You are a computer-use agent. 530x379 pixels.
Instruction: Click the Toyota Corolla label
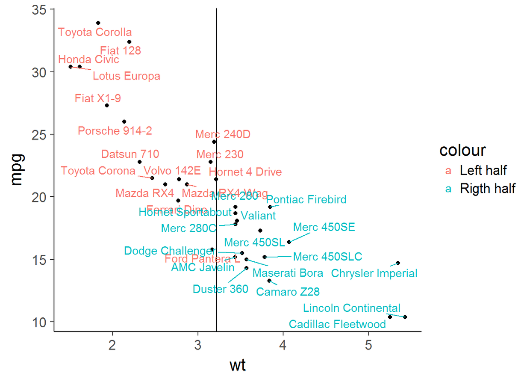[95, 32]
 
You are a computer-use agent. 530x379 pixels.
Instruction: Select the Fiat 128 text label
[121, 50]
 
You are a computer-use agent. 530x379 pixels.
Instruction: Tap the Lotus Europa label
[127, 76]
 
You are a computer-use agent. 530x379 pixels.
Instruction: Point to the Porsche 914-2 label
[115, 130]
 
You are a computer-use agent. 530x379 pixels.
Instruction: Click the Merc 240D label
[223, 134]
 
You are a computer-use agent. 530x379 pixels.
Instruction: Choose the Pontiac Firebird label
[306, 199]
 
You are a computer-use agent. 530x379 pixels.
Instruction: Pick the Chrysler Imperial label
[374, 273]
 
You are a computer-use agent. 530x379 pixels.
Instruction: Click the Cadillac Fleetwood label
[337, 324]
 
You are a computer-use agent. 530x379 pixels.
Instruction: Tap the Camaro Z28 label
[288, 292]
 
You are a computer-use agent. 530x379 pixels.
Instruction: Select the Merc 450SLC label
[327, 257]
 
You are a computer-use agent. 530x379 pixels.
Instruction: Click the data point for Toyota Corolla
[98, 23]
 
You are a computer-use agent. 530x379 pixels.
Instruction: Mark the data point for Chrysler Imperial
[398, 263]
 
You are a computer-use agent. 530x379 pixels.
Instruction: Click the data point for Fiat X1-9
[107, 105]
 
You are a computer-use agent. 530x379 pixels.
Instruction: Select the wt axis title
[238, 366]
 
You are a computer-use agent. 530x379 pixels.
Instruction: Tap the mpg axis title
[16, 170]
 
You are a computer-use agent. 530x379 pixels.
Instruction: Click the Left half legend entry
[483, 170]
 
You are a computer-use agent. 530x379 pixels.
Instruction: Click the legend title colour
[462, 150]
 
